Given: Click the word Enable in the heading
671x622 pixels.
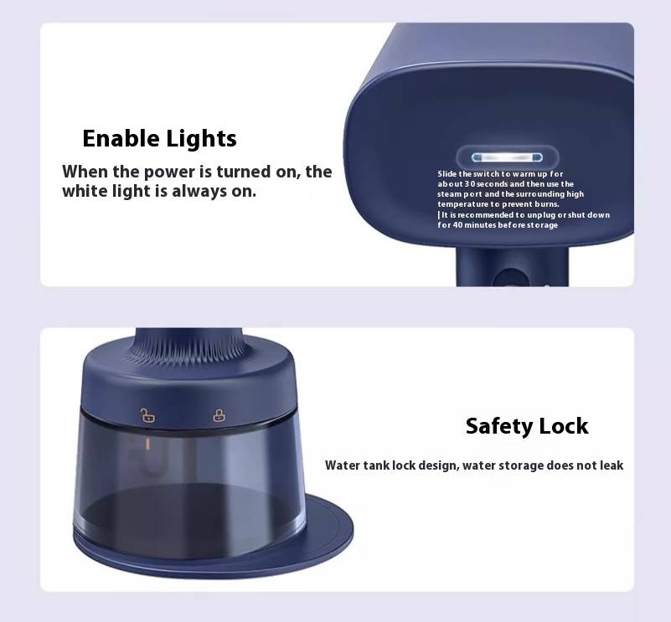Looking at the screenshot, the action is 121,139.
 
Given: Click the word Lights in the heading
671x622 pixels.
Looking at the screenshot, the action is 201,140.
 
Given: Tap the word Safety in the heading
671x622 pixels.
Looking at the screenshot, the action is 498,427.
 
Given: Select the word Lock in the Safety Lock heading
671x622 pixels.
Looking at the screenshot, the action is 564,426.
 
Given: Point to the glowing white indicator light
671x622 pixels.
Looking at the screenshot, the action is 507,158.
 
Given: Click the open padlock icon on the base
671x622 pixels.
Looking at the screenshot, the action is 147,415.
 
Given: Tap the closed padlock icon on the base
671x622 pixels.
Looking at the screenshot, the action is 219,415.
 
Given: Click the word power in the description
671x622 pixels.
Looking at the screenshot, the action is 170,172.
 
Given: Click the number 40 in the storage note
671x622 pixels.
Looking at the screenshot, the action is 457,225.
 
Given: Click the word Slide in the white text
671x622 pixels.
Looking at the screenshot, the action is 447,173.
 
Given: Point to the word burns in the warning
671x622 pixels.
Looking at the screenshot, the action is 546,204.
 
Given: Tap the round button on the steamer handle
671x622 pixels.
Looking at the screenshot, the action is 509,278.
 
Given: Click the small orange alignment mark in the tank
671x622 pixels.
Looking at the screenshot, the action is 148,444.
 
